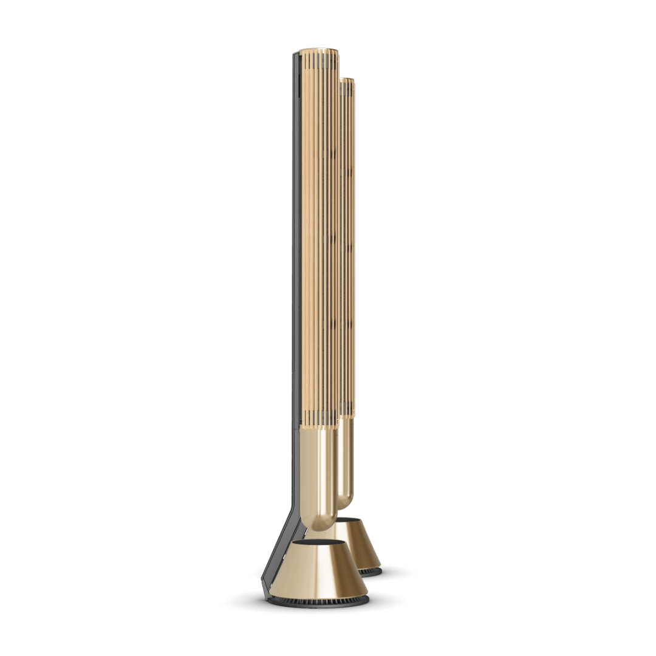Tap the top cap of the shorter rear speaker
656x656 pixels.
(347, 80)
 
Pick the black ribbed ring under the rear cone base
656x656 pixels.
(371, 571)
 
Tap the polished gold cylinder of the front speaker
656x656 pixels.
(319, 474)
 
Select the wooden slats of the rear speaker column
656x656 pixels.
(348, 243)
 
